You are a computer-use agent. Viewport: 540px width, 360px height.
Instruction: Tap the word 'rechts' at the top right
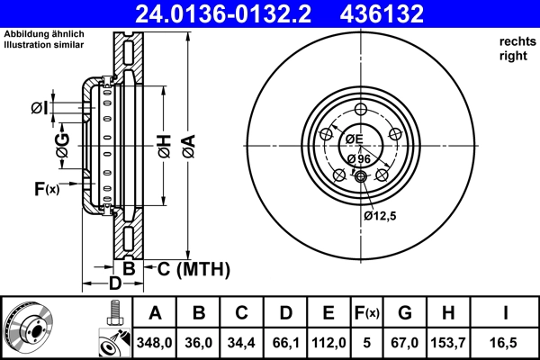[x=516, y=41]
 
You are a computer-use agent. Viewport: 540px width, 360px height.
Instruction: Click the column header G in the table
[x=405, y=313]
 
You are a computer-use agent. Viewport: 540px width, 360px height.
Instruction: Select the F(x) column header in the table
[x=367, y=313]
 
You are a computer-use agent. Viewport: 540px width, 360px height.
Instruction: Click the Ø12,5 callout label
[x=381, y=216]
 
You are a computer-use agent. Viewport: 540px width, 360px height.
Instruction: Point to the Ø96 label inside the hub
[x=359, y=159]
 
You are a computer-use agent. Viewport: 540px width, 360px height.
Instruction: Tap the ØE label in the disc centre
[x=353, y=139]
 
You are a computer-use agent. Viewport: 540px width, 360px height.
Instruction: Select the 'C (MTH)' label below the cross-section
[x=193, y=269]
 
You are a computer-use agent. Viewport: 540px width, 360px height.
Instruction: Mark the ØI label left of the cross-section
[x=39, y=109]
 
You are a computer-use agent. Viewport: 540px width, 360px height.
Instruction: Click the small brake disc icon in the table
[x=27, y=327]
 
